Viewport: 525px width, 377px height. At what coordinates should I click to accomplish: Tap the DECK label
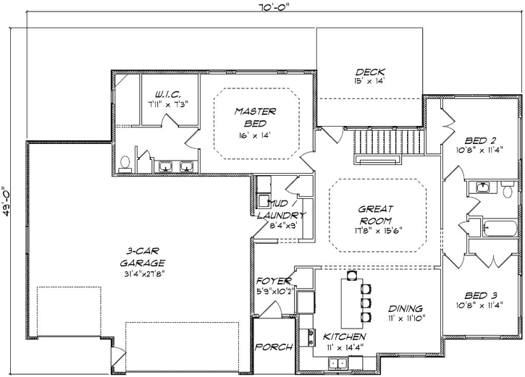369,72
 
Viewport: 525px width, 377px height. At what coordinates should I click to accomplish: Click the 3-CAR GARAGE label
143,258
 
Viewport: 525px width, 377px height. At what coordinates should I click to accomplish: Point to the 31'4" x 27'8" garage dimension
143,274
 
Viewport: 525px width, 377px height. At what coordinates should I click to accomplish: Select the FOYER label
274,281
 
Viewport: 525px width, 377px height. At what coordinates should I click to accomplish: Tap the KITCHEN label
344,337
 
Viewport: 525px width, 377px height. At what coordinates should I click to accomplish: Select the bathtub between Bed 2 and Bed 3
500,229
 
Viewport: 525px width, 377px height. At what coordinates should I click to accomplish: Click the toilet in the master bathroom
124,164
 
